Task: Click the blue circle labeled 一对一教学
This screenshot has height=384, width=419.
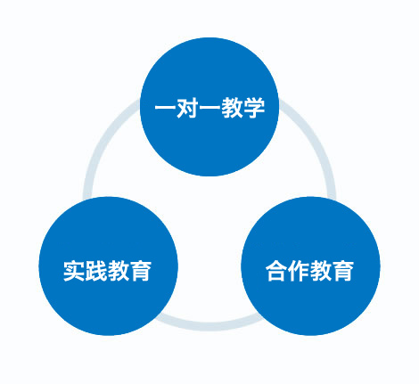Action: [209, 107]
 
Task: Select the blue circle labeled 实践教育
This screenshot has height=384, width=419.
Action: [108, 266]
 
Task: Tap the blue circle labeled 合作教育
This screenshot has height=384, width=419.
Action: [310, 266]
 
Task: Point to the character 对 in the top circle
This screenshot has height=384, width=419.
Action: [187, 108]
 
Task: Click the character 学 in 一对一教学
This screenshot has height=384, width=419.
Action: [253, 108]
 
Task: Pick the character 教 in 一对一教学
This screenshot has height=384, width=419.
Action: [232, 108]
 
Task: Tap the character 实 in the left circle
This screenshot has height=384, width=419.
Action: [74, 271]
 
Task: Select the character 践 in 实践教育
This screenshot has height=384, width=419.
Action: [96, 271]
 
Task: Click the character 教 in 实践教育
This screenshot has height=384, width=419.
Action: [119, 271]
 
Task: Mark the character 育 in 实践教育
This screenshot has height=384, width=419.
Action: [141, 271]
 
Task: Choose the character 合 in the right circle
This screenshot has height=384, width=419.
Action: [276, 271]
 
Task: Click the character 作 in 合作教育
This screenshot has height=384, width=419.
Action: [299, 271]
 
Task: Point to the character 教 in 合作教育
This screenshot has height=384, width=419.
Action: [321, 271]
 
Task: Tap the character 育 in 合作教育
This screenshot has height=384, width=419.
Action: [342, 271]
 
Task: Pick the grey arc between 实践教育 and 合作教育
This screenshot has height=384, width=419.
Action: [209, 326]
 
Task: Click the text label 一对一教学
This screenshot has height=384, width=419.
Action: [209, 108]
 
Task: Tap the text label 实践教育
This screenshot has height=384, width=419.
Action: [107, 271]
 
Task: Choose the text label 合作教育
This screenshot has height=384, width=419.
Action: [309, 271]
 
